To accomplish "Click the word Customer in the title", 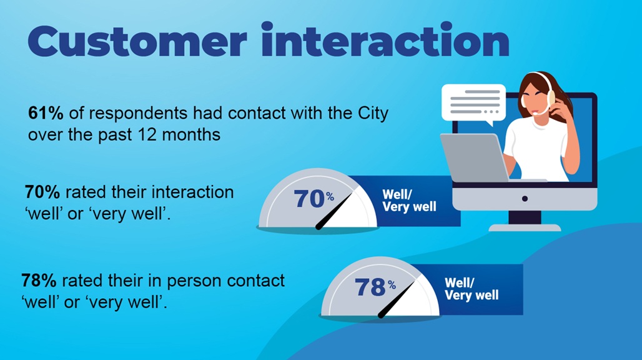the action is [x=137, y=41].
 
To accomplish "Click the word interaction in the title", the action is [x=385, y=39].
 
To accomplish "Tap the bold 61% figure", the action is [x=46, y=113].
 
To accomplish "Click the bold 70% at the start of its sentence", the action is [x=42, y=192].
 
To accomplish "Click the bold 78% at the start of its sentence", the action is [x=39, y=281].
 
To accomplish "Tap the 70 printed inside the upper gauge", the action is [x=309, y=199].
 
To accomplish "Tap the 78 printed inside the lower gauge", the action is [x=370, y=287].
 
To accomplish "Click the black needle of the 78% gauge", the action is [x=397, y=299].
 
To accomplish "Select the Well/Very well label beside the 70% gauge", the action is [x=409, y=200].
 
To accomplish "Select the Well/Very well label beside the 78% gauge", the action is [x=472, y=289].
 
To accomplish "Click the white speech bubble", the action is [x=474, y=104].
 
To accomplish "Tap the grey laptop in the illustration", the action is [x=475, y=157].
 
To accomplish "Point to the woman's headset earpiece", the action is [x=551, y=97].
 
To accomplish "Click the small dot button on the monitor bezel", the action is [x=525, y=199].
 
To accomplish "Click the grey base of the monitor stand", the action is [x=525, y=227].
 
